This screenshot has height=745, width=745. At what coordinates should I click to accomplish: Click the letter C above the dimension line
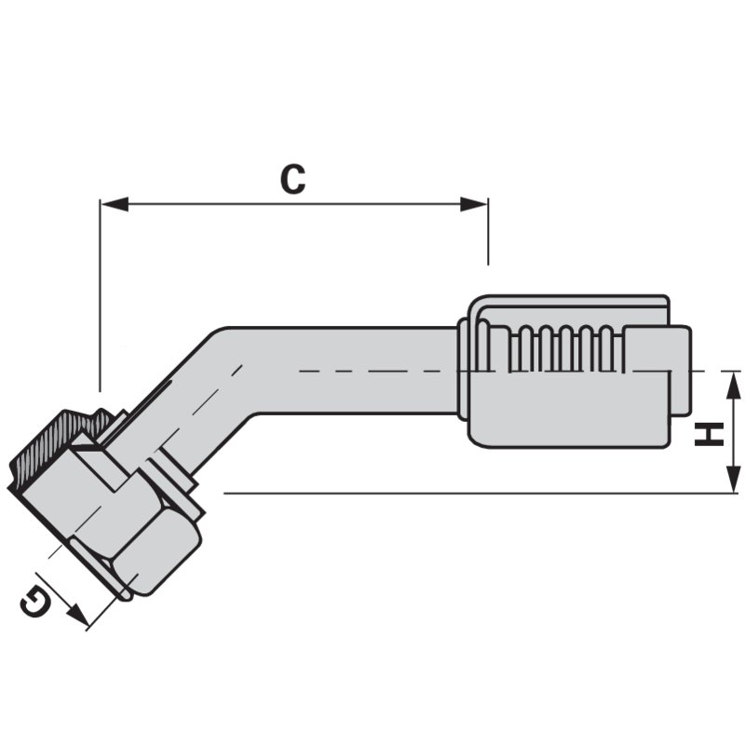[x=292, y=179]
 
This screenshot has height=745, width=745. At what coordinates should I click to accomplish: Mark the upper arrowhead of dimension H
[x=733, y=382]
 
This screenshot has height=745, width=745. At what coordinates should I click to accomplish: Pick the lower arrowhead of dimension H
[x=733, y=482]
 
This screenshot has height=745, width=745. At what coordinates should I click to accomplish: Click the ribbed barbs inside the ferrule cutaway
[x=559, y=349]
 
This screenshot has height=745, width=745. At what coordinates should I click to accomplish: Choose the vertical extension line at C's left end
[x=100, y=298]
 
